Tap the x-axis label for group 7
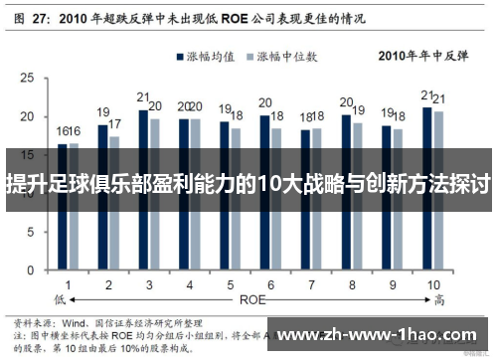click(310, 284)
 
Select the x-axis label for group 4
click(189, 284)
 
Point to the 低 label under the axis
click(60, 297)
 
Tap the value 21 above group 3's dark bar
click(143, 97)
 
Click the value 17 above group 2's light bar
click(114, 124)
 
